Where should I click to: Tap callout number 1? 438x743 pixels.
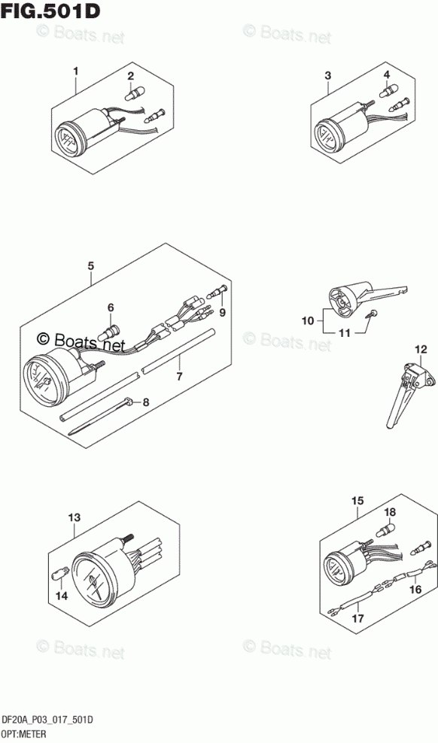coord(75,71)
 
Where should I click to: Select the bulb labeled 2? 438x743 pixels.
coord(131,93)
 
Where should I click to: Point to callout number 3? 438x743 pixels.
coord(328,75)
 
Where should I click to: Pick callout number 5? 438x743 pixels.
coord(91,266)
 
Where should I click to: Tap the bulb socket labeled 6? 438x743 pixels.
coord(113,326)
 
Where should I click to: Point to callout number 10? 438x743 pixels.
coord(308,321)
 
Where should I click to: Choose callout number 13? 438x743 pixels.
coord(75,518)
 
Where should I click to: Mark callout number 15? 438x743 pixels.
coord(358,500)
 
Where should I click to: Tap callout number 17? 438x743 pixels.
coord(358,618)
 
